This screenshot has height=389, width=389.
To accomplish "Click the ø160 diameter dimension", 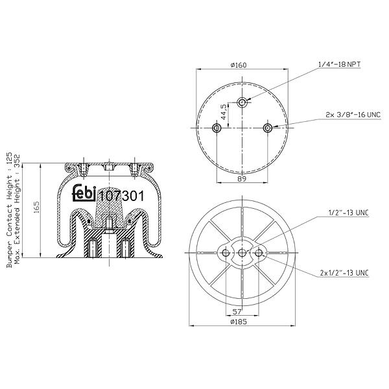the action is coord(239,65).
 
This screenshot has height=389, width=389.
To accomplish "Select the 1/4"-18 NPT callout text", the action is coord(339,64).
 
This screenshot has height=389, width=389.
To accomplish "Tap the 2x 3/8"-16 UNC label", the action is coord(353,115).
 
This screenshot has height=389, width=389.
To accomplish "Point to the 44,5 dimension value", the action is coord(224,112).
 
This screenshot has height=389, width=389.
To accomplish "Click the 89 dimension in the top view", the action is coord(242,179).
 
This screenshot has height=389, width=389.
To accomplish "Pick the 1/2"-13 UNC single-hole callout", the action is coord(348,213).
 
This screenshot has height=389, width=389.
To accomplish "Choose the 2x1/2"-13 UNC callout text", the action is coord(344,273).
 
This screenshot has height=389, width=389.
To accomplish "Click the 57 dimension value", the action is coord(237,311).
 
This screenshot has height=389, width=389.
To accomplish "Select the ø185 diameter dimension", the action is coord(239,322).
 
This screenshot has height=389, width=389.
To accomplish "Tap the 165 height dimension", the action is coord(36,207).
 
